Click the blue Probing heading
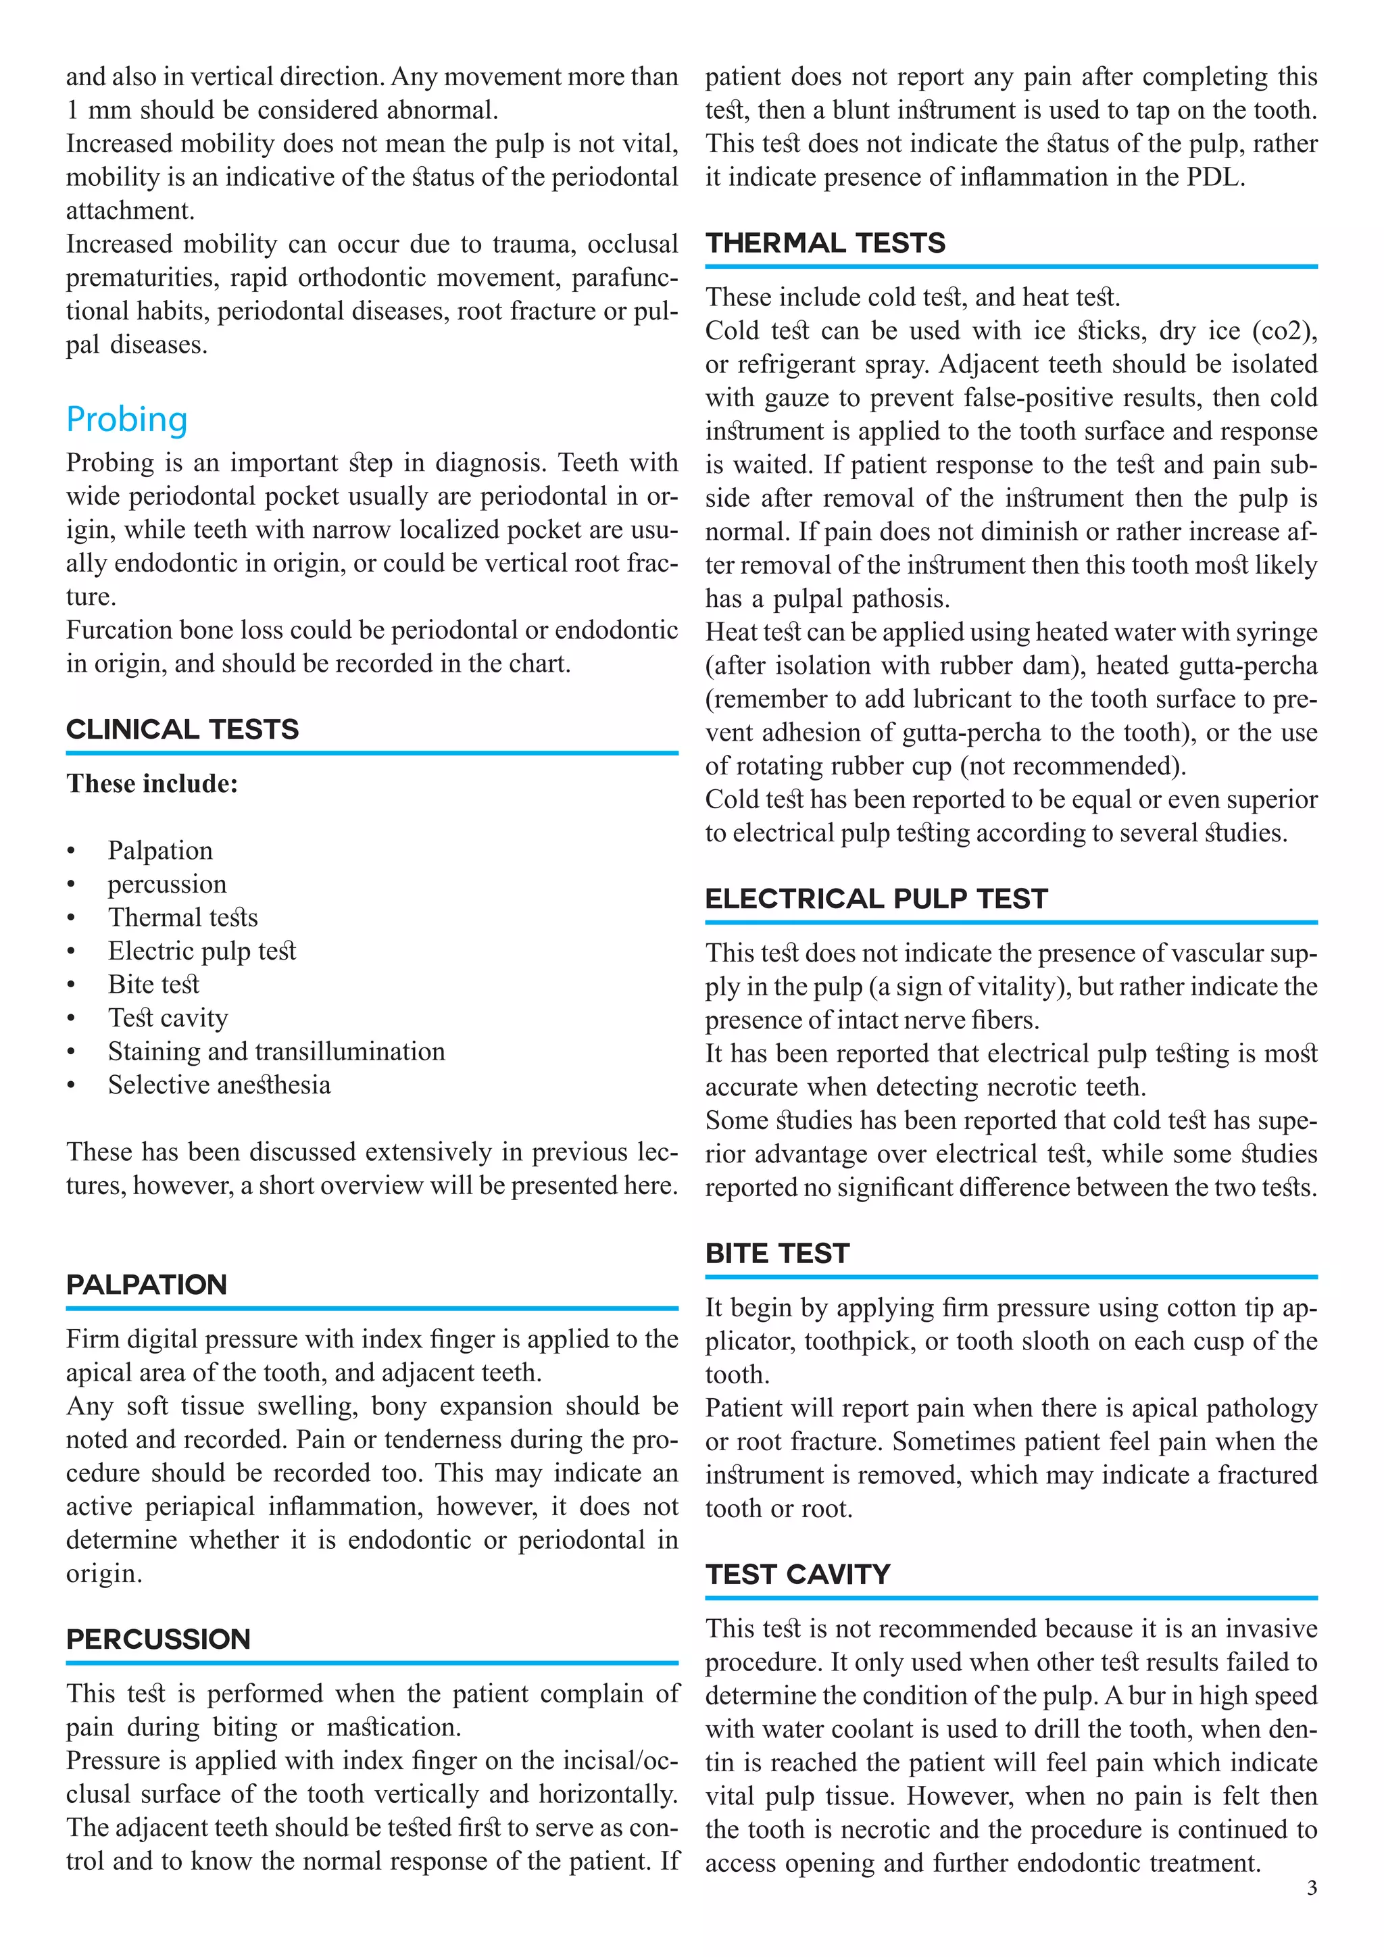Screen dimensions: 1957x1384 click(x=127, y=420)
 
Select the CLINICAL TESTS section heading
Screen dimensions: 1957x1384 click(x=182, y=730)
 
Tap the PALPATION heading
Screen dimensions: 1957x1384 click(x=147, y=1285)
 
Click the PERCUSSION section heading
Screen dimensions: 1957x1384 click(x=159, y=1639)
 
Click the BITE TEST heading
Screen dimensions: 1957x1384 click(x=777, y=1253)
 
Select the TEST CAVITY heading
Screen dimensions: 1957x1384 click(x=797, y=1575)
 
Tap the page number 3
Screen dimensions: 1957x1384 click(x=1312, y=1912)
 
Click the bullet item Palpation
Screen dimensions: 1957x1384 click(x=160, y=851)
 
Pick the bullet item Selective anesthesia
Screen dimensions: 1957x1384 click(x=219, y=1085)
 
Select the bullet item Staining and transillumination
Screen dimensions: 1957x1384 click(x=276, y=1051)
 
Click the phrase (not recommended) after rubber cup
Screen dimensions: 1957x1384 click(x=1073, y=766)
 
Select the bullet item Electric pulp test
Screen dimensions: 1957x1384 click(x=202, y=951)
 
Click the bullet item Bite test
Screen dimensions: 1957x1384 click(x=153, y=985)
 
